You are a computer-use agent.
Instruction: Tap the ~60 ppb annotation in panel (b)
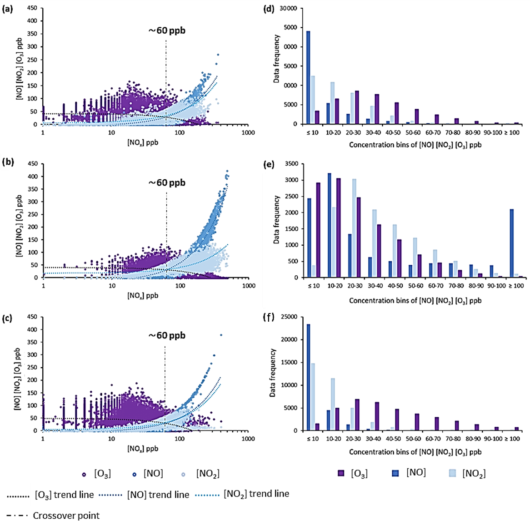(x=167, y=183)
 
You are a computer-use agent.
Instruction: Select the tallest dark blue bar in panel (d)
(x=308, y=77)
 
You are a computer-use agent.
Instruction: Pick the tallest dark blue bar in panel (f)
(x=308, y=377)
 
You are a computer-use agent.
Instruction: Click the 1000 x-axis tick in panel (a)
(x=248, y=132)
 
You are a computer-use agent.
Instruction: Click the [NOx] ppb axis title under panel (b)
(x=143, y=295)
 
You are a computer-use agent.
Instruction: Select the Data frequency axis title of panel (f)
(x=273, y=373)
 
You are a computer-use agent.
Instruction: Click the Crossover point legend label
(x=66, y=516)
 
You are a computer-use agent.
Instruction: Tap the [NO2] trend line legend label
(x=256, y=494)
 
